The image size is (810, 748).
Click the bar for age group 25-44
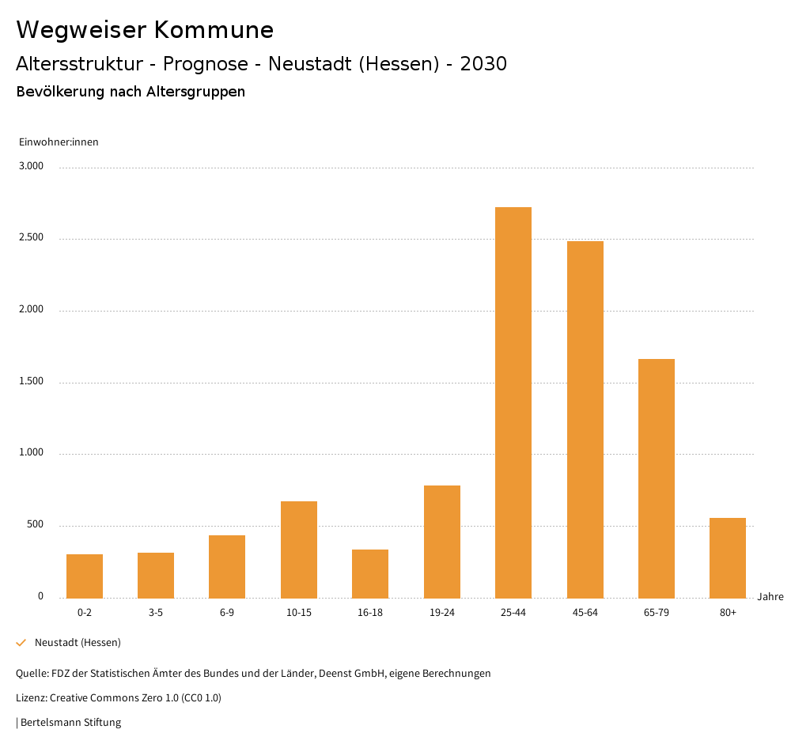[x=513, y=402]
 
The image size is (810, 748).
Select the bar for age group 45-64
[x=585, y=419]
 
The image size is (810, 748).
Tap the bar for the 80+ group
[x=728, y=557]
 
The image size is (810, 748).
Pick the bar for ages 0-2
[x=85, y=576]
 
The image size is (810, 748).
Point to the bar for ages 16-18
[x=370, y=573]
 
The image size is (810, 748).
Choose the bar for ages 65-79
[x=657, y=478]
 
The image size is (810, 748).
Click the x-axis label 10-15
[x=299, y=613]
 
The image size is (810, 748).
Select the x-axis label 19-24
[x=442, y=613]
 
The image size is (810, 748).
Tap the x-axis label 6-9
[x=227, y=613]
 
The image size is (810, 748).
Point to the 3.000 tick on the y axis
[x=32, y=166]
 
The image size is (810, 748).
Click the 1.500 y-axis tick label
[x=32, y=381]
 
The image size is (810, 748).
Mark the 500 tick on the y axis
[x=35, y=525]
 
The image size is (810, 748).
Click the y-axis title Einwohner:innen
[x=59, y=142]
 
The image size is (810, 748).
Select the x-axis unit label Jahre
[x=770, y=597]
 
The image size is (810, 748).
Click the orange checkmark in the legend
[x=21, y=643]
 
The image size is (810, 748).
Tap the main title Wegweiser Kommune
[x=145, y=30]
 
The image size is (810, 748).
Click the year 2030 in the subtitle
[x=483, y=64]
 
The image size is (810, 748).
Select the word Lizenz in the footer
[x=31, y=697]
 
